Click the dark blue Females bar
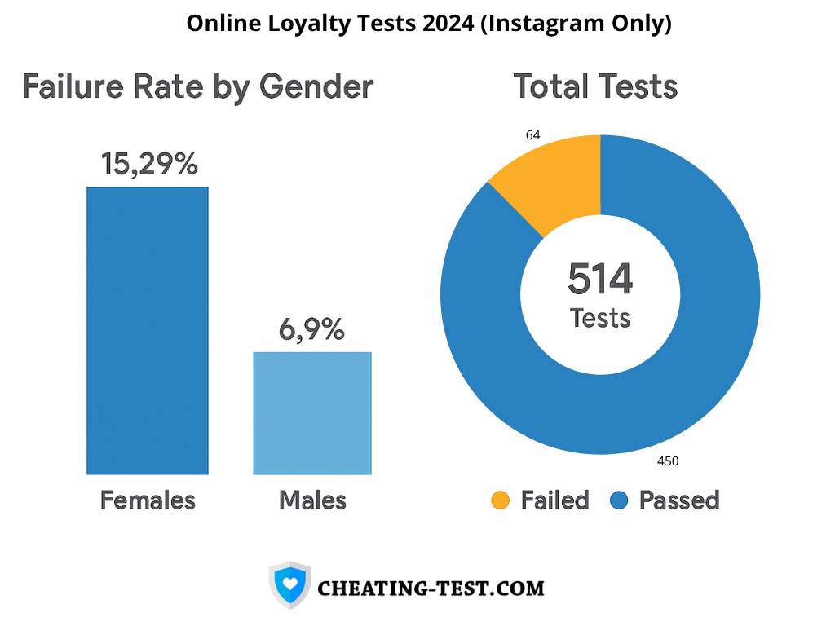coord(148,330)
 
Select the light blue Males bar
coord(312,412)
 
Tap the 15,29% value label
coord(149,164)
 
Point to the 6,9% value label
coord(311,329)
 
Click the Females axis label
coord(148,500)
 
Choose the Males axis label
coord(312,500)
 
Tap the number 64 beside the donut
coord(533,135)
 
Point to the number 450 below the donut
coord(668,461)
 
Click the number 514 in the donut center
coord(600,280)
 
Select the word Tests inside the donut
coord(600,317)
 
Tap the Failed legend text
coord(554,500)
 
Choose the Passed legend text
coord(678,500)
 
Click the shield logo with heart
coord(289,584)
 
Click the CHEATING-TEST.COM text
coord(431,588)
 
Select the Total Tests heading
coord(595,86)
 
